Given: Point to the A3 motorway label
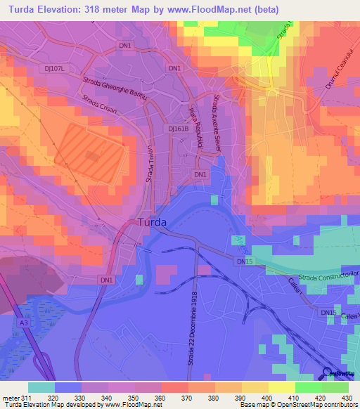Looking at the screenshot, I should (x=24, y=323).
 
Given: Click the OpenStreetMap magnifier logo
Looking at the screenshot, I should (x=326, y=373).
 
